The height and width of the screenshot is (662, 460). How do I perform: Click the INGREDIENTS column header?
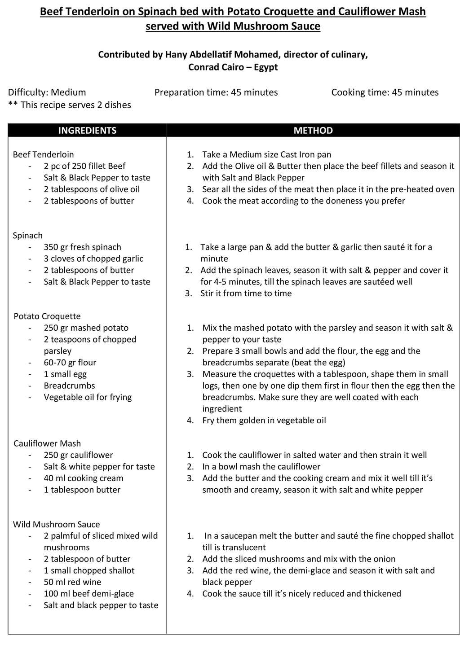(87, 131)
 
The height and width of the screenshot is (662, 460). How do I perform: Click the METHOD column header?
(313, 131)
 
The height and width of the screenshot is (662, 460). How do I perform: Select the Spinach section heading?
(28, 236)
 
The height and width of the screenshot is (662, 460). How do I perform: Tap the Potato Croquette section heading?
(47, 316)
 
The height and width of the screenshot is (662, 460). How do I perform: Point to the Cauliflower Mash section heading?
(47, 443)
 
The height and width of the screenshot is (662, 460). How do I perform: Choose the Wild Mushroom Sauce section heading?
(56, 524)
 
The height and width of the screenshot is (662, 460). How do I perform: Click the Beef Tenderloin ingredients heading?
(43, 154)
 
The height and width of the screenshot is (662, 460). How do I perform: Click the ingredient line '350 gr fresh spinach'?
(82, 247)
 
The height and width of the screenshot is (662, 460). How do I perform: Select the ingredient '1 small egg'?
(65, 374)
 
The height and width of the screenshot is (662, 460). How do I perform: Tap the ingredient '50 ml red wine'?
(72, 582)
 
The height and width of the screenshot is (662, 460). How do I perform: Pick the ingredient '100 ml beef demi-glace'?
(88, 594)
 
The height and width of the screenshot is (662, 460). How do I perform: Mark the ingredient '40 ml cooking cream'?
(84, 478)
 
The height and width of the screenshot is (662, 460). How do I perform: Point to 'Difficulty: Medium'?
(47, 92)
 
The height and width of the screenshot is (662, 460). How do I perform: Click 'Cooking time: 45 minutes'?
(385, 92)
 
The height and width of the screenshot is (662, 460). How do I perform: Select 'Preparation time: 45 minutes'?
(216, 92)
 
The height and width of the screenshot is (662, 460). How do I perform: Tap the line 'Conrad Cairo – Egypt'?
(233, 67)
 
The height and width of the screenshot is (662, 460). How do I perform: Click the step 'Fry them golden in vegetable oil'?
(264, 421)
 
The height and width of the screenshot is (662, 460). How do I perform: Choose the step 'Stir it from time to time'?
(246, 294)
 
